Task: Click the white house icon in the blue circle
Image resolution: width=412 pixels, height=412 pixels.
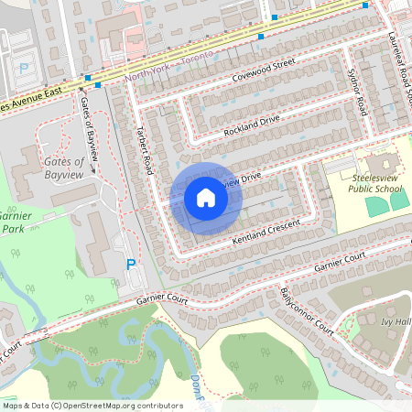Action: [205, 197]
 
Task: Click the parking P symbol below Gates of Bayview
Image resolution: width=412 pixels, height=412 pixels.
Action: [131, 265]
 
